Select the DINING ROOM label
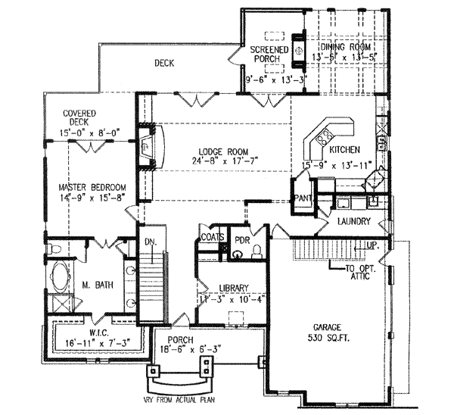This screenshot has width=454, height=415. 343,45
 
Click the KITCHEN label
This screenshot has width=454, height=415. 343,150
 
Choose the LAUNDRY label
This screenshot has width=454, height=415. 354,222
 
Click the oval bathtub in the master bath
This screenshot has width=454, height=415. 58,278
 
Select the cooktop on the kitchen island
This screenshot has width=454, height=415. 324,137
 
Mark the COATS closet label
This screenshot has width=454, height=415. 212,236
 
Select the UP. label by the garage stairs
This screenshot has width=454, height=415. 372,247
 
